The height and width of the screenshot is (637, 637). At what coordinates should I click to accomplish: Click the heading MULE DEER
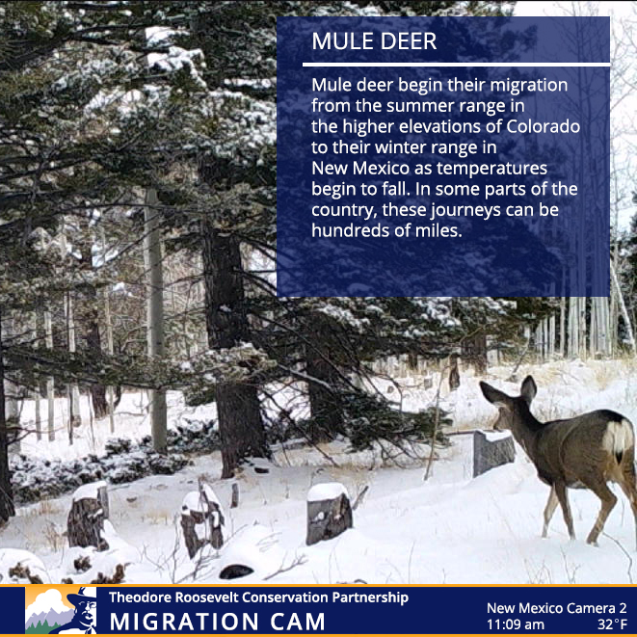[374, 41]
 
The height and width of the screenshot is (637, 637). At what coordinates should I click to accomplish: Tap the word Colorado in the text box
[544, 126]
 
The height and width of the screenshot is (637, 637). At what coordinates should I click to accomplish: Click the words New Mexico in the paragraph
[360, 169]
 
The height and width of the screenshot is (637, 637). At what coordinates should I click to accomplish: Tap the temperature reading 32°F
[612, 624]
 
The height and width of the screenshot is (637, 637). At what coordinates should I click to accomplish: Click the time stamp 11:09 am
[516, 624]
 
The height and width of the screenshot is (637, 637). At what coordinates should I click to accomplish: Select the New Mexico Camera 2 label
[557, 608]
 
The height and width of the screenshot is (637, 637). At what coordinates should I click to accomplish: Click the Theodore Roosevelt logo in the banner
[61, 610]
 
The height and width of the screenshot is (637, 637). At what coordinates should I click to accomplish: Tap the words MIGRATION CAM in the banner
[218, 622]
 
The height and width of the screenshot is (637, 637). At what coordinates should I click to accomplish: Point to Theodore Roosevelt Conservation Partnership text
[258, 597]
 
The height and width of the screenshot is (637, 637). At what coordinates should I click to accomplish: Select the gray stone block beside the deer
[493, 452]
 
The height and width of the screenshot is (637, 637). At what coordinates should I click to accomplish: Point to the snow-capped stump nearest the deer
[329, 514]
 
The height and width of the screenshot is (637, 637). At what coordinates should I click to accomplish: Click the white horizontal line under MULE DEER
[456, 65]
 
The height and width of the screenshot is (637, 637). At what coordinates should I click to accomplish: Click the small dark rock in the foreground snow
[236, 571]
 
